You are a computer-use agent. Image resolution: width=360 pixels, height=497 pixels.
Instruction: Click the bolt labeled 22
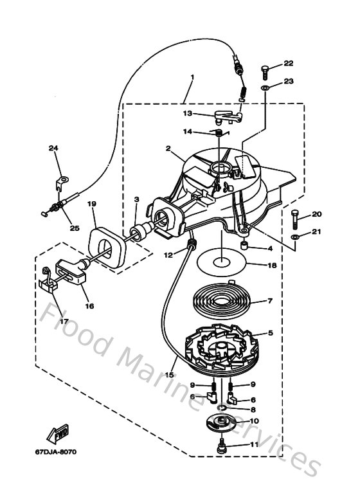pos(265,68)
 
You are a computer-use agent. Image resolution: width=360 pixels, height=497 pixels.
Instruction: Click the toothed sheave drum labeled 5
pos(222,344)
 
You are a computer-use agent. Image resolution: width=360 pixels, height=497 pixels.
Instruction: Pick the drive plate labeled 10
pos(222,424)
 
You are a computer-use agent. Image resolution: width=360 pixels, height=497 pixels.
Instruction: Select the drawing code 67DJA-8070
pos(55,451)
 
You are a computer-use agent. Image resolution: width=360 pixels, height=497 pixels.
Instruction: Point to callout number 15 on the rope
pos(170,374)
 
